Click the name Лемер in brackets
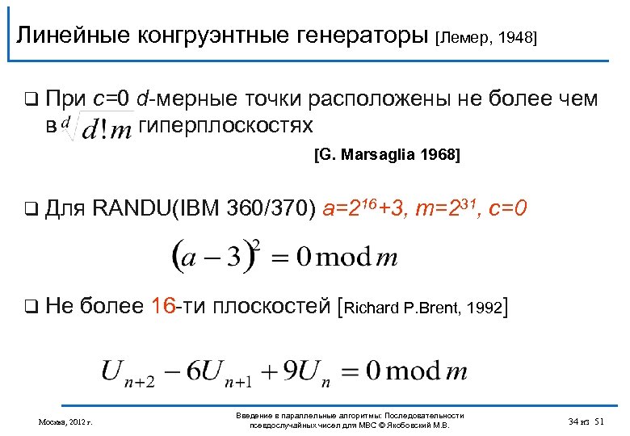462,37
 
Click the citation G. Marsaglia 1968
387,157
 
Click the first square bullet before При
30,101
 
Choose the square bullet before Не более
30,306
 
